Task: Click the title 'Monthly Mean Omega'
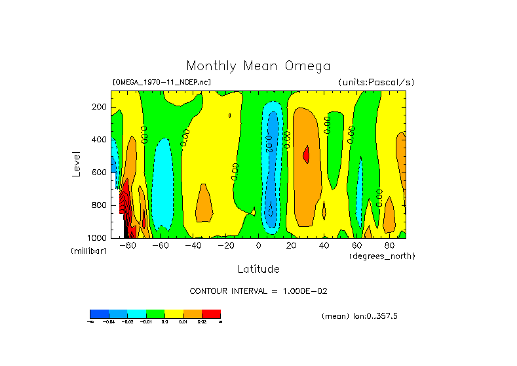[x=258, y=66]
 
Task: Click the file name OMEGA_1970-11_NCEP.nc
[x=162, y=82]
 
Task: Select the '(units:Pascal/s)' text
[x=376, y=82]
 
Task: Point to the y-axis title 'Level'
[x=77, y=163]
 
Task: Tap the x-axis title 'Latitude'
[x=258, y=269]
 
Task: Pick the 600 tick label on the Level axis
[x=100, y=173]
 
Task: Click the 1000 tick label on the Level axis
[x=98, y=237]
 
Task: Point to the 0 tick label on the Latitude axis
[x=258, y=245]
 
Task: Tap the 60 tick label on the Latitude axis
[x=356, y=245]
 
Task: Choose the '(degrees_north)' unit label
[x=382, y=255]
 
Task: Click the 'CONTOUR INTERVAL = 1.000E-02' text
[x=258, y=291]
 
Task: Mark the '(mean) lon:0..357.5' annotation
[x=360, y=316]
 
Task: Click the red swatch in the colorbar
[x=211, y=314]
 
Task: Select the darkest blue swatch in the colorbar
[x=99, y=314]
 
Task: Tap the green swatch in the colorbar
[x=155, y=314]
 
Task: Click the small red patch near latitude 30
[x=306, y=154]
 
